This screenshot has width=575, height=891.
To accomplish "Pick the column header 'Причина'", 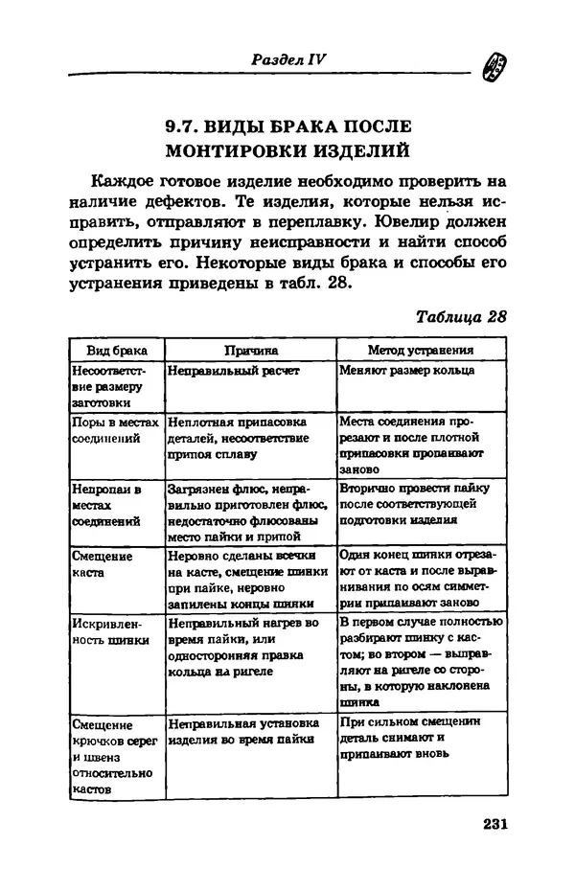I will [x=249, y=351].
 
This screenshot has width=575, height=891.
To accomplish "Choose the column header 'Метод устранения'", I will [x=421, y=351].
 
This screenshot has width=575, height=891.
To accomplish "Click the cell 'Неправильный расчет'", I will [x=234, y=371].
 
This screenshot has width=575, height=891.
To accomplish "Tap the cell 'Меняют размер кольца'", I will [x=407, y=371].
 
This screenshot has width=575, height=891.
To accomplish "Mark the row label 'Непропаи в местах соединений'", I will [x=106, y=505].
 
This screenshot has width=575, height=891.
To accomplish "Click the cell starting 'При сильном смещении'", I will [x=409, y=739].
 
